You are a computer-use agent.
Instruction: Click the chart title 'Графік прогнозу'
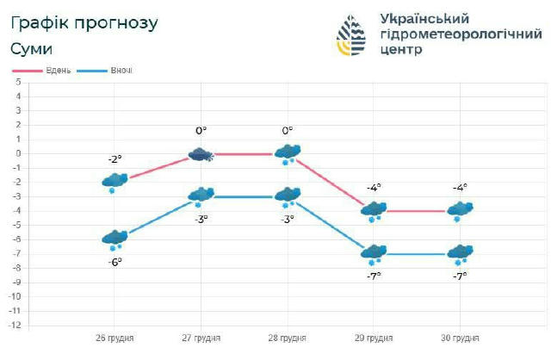click(84, 23)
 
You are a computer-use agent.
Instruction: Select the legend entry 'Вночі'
click(121, 69)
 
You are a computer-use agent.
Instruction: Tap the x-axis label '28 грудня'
click(287, 338)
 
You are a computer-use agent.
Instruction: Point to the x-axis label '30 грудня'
click(460, 338)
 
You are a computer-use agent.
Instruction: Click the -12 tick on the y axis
click(14, 326)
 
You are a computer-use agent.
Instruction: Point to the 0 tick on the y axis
click(17, 153)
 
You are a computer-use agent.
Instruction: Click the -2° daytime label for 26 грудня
click(115, 159)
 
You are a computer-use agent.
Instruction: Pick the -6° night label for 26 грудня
click(115, 261)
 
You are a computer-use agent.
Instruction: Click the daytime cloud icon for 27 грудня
click(201, 155)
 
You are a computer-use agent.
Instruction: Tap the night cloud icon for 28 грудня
click(288, 196)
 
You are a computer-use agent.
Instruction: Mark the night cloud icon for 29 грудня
click(374, 254)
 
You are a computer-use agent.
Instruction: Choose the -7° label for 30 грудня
click(461, 276)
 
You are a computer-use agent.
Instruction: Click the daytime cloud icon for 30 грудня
click(461, 210)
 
